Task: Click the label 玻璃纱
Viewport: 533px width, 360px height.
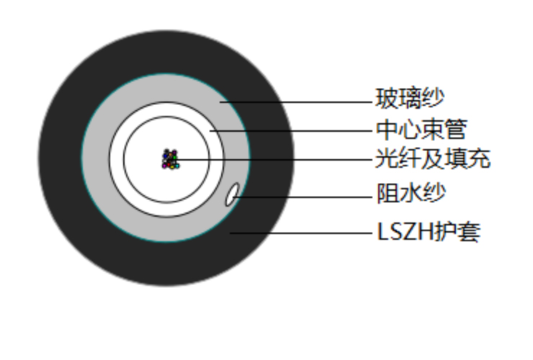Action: pos(410,98)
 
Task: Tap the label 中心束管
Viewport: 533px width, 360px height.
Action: pos(421,129)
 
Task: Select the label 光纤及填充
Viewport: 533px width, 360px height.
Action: pos(433,158)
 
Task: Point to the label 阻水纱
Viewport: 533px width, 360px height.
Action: pos(411,193)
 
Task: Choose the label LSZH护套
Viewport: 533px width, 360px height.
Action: pos(429,232)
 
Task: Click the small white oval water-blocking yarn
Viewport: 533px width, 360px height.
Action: pos(233,194)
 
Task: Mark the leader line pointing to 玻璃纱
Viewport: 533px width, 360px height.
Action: pos(296,102)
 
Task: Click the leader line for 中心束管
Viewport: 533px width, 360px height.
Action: pos(291,130)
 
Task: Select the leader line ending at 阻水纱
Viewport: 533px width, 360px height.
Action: pos(303,197)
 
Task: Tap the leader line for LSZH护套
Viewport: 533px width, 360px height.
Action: pos(301,233)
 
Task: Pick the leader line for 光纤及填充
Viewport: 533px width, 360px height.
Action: pos(274,159)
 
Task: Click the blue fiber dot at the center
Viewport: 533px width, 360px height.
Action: pos(165,156)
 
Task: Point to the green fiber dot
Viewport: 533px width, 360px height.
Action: pos(174,158)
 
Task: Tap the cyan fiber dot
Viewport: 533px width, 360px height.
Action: pos(176,166)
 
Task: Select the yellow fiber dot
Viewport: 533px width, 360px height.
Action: pos(172,167)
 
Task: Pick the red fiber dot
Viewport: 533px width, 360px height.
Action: pos(169,165)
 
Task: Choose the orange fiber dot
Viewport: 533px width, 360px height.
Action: pos(170,154)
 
